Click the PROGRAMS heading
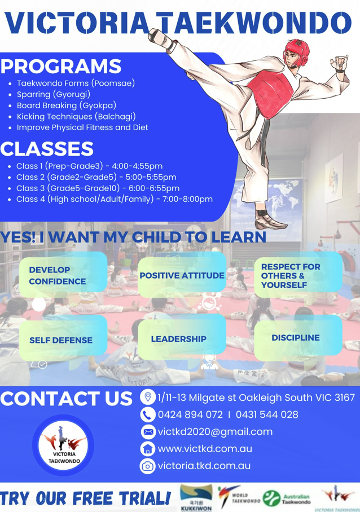pyautogui.click(x=61, y=66)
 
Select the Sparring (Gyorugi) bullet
pyautogui.click(x=54, y=94)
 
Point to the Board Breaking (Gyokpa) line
pyautogui.click(x=67, y=105)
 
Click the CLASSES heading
pyautogui.click(x=47, y=148)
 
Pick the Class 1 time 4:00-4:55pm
pyautogui.click(x=137, y=166)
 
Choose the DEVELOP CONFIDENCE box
pyautogui.click(x=63, y=273)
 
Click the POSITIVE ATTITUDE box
pyautogui.click(x=182, y=275)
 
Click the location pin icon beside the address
pyautogui.click(x=148, y=397)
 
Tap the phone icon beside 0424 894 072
pyautogui.click(x=148, y=414)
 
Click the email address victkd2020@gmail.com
pyautogui.click(x=215, y=432)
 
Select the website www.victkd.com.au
pyautogui.click(x=205, y=449)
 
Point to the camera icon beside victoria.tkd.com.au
pyautogui.click(x=148, y=466)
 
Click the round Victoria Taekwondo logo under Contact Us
pyautogui.click(x=63, y=445)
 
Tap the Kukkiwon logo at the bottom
pyautogui.click(x=196, y=498)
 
